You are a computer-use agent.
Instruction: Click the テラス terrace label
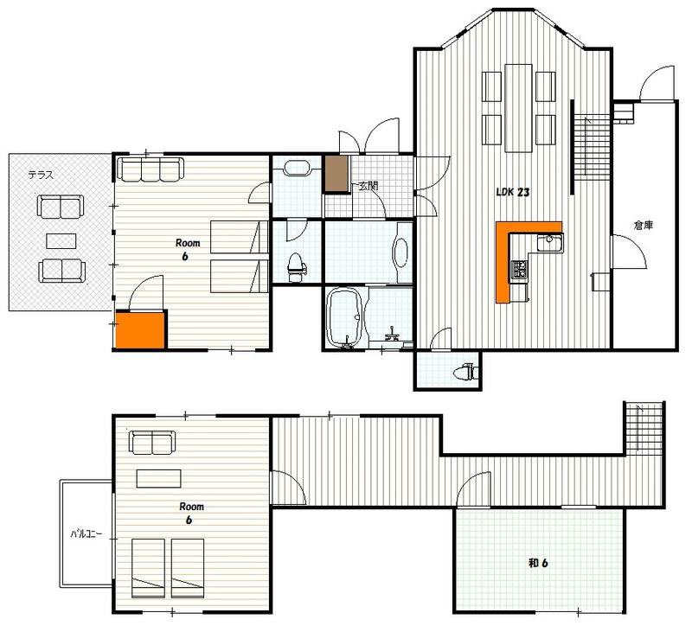pyautogui.click(x=41, y=176)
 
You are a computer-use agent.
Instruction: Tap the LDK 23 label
pyautogui.click(x=512, y=192)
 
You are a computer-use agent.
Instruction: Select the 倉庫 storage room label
pyautogui.click(x=643, y=226)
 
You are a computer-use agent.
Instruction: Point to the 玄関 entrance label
pyautogui.click(x=368, y=186)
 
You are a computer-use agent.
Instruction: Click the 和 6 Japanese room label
pyautogui.click(x=538, y=563)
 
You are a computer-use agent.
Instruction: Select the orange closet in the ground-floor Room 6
pyautogui.click(x=140, y=329)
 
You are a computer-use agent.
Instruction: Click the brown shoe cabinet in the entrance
pyautogui.click(x=336, y=173)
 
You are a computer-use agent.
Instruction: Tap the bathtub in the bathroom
pyautogui.click(x=344, y=316)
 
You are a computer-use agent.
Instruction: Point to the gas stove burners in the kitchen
pyautogui.click(x=520, y=270)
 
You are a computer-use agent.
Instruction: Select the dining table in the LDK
pyautogui.click(x=518, y=108)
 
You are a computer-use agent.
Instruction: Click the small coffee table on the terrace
pyautogui.click(x=61, y=241)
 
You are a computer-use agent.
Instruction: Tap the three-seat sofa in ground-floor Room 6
pyautogui.click(x=150, y=169)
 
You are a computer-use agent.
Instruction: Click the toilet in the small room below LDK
pyautogui.click(x=464, y=371)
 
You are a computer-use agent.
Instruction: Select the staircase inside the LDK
pyautogui.click(x=592, y=147)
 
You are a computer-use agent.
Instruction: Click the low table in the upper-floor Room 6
pyautogui.click(x=159, y=478)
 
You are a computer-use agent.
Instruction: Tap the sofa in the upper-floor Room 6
pyautogui.click(x=152, y=443)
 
